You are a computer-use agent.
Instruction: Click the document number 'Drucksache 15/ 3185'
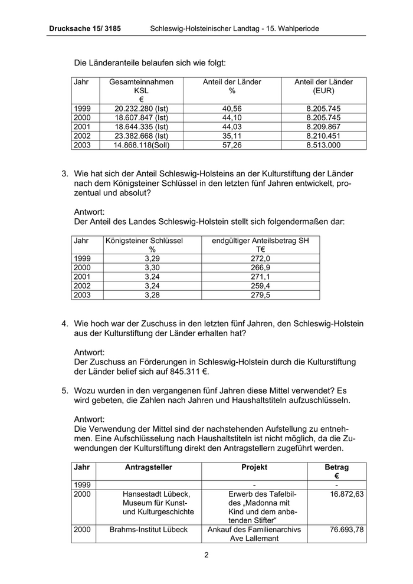click(86, 28)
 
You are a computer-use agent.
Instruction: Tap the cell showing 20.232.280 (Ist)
click(142, 109)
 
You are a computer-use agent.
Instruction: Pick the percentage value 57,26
click(232, 145)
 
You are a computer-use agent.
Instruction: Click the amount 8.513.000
click(324, 145)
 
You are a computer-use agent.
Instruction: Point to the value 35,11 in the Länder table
click(232, 136)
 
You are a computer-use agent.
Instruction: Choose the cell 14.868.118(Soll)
click(142, 145)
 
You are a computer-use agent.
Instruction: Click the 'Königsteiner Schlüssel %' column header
click(144, 245)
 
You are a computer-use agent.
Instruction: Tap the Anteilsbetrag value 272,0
click(260, 258)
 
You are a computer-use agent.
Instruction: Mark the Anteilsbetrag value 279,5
click(260, 295)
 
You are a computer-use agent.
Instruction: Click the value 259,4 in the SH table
click(260, 286)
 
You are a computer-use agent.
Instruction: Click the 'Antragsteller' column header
click(149, 467)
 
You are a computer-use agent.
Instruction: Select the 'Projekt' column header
click(254, 467)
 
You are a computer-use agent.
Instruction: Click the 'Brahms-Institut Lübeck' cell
click(149, 530)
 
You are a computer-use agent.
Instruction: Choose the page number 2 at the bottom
click(206, 555)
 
